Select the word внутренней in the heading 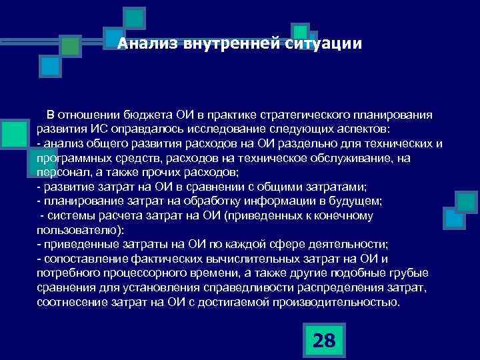211,45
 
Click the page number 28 323,341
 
